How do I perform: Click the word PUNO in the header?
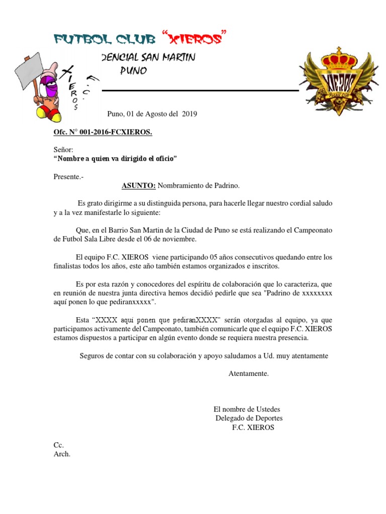pos(133,71)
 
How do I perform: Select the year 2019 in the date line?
pos(189,114)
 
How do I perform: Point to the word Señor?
pos(63,150)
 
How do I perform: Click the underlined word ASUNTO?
pos(139,186)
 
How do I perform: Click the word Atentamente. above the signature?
pos(249,373)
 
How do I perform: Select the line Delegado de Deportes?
pos(249,418)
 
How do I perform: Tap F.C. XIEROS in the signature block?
pos(253,428)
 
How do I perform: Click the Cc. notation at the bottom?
pos(59,445)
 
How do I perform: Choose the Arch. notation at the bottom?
pos(62,454)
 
